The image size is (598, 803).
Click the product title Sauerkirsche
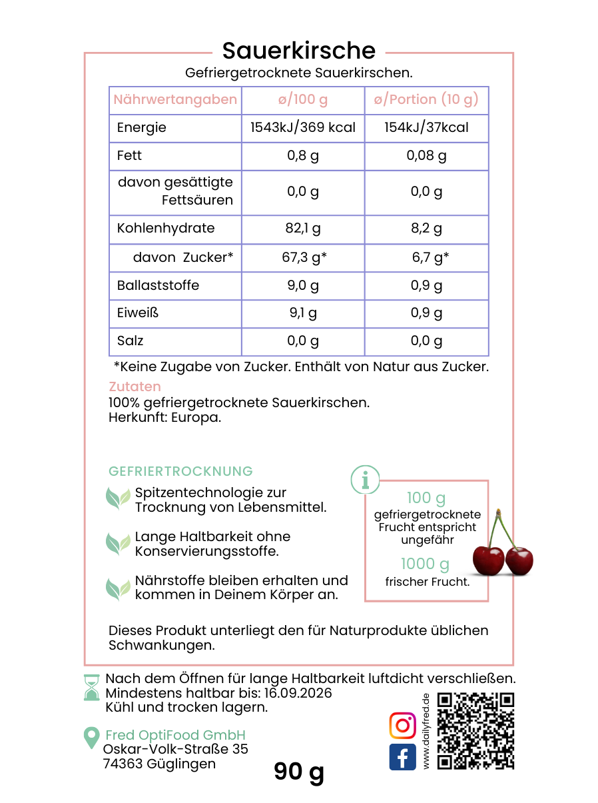(298, 51)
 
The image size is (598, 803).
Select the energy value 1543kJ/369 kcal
(303, 128)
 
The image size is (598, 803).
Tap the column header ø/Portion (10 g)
(426, 100)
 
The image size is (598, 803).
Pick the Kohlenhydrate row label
(166, 229)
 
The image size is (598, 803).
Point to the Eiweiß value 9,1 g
(303, 313)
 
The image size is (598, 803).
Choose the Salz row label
(131, 341)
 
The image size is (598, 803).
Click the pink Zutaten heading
(135, 387)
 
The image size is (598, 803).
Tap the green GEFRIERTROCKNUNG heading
(180, 471)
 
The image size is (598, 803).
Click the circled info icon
(365, 479)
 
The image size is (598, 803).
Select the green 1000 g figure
(426, 564)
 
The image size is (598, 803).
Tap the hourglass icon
(91, 687)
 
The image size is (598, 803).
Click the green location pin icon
(91, 737)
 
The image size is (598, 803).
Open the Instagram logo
(402, 726)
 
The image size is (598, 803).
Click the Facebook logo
(402, 758)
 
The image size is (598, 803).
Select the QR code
(475, 731)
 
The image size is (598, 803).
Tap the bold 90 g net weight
(299, 771)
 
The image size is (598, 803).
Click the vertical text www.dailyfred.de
(426, 731)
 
